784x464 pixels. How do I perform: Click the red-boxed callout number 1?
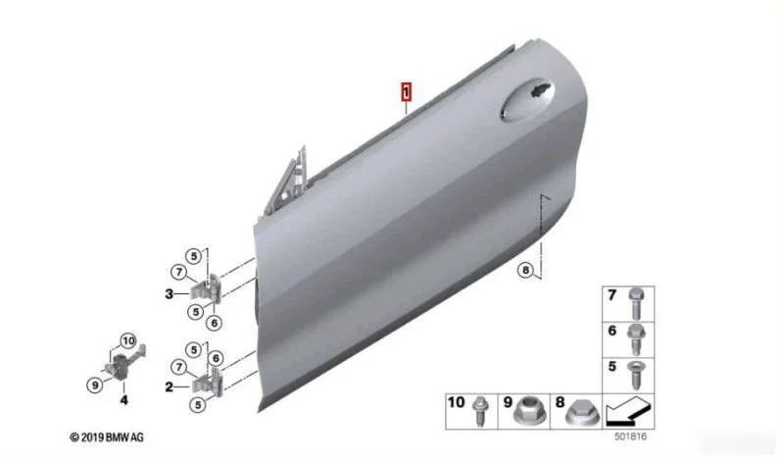point(406,92)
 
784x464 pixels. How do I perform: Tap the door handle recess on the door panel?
point(527,100)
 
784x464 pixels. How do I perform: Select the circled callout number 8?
point(525,271)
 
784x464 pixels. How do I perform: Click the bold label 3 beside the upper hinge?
point(169,294)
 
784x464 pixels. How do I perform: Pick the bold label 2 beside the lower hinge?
point(169,387)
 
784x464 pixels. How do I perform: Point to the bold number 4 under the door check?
point(123,399)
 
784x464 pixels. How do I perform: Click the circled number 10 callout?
point(128,340)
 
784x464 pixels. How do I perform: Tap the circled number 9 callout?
point(94,385)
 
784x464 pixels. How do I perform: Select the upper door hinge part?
point(206,289)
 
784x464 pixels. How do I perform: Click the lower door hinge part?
point(206,383)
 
